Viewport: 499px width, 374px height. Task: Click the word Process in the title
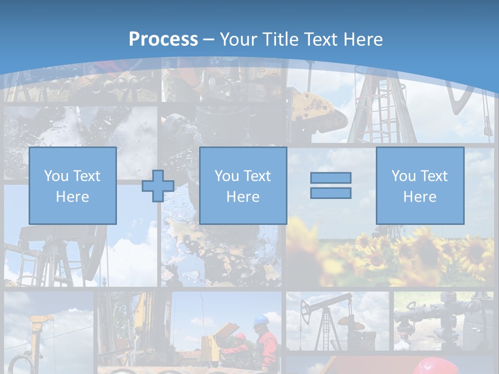point(163,39)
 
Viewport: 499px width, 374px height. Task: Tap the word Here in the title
point(363,39)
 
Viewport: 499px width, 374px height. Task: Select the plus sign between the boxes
point(158,186)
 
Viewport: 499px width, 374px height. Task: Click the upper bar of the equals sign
point(331,178)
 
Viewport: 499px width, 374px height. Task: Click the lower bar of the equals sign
point(331,193)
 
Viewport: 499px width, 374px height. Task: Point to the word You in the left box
point(56,176)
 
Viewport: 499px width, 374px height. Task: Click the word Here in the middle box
point(243,197)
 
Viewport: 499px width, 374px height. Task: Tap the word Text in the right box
point(434,176)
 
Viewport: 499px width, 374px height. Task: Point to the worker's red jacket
point(267,343)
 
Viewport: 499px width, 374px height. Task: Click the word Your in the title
point(239,39)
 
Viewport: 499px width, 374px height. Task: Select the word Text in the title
point(320,39)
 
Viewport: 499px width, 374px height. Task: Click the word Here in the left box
point(72,197)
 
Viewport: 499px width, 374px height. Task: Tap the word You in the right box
point(403,176)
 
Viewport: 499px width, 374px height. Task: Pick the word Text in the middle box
point(257,176)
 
